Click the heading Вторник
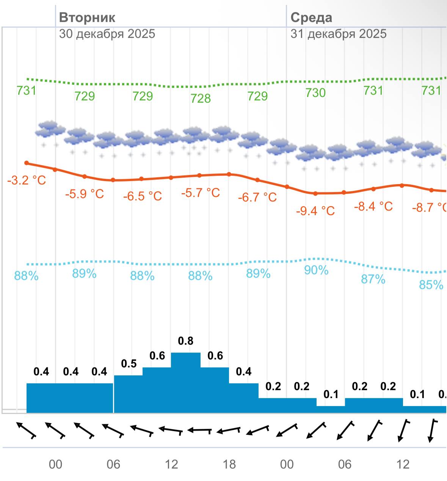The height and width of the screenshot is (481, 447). (87, 17)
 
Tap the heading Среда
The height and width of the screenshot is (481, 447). (311, 17)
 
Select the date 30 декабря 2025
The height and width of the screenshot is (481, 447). (107, 34)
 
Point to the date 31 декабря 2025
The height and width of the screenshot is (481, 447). (339, 34)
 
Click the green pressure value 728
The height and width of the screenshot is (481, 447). (200, 98)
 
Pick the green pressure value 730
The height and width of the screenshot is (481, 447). (315, 93)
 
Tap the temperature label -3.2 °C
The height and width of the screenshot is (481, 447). (27, 180)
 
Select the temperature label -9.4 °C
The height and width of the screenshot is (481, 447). (315, 211)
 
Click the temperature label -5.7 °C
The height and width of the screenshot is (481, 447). (200, 193)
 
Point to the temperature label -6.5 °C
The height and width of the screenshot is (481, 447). (142, 196)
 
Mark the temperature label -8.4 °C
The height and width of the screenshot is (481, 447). (373, 206)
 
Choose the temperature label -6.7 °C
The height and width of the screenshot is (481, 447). (257, 197)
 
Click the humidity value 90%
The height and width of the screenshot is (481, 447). (316, 270)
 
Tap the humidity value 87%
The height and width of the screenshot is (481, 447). (373, 280)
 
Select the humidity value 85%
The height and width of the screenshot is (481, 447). (431, 285)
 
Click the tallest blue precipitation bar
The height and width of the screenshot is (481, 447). (186, 383)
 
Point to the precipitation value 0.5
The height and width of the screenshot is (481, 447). (129, 364)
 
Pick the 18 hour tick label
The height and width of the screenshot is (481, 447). (229, 464)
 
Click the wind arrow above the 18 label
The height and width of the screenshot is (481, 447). (229, 431)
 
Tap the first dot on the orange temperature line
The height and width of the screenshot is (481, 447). (27, 163)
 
